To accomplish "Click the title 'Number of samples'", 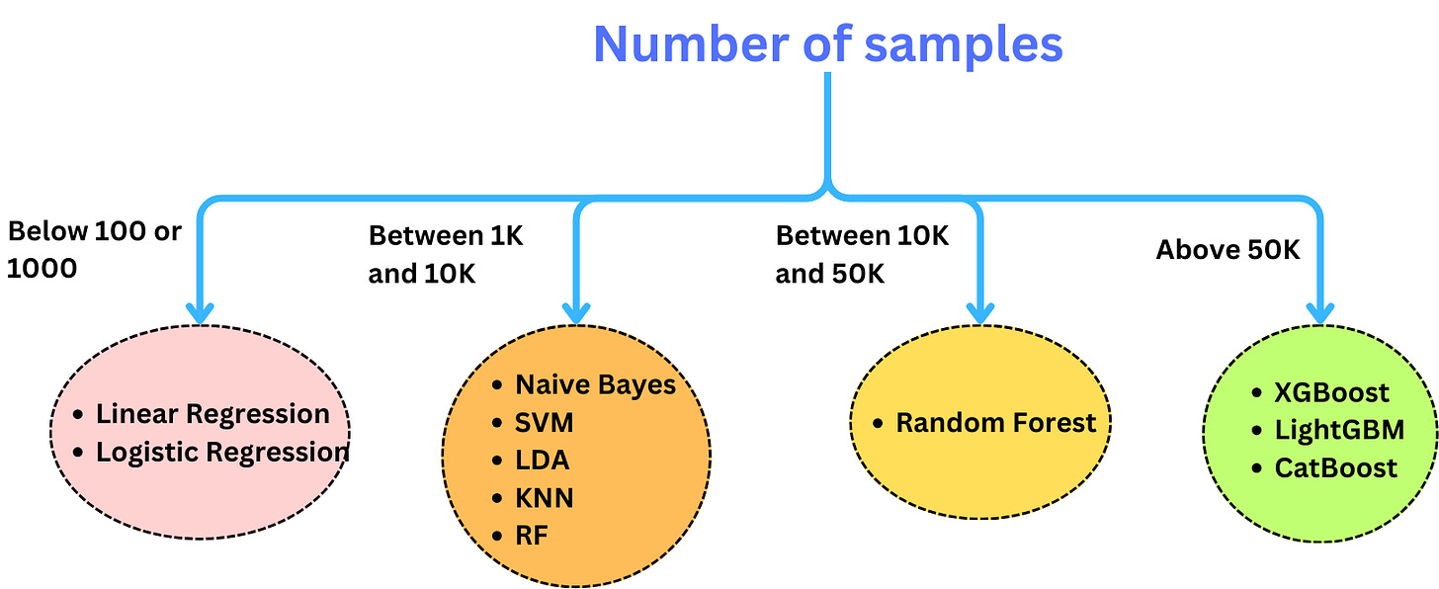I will (827, 43).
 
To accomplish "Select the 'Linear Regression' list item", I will (212, 414).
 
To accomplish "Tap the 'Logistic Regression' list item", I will (222, 453).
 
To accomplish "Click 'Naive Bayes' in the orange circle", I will (595, 384).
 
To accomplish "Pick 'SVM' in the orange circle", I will (544, 423).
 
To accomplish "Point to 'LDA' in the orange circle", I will (542, 461).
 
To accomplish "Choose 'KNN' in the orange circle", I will (544, 498).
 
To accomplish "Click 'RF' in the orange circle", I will (531, 536).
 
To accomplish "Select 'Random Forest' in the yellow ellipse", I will (995, 423).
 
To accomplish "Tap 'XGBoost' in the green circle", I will (1331, 392).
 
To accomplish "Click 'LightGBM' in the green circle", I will (1339, 430).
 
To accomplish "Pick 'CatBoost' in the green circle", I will (1336, 467).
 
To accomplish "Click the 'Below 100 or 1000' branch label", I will (94, 249).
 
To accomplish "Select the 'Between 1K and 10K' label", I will (446, 254).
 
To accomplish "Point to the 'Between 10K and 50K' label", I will (862, 254).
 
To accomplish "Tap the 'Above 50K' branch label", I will (1227, 250).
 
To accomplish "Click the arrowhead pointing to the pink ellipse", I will (201, 312).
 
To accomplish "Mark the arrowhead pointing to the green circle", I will (1319, 312).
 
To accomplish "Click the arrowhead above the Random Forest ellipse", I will (979, 312).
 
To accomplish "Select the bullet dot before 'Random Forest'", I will (878, 424).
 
